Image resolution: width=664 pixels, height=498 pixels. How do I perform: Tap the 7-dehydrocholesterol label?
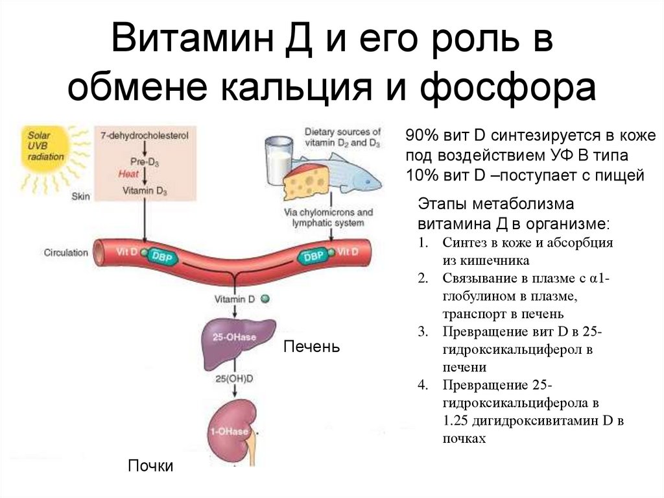pyautogui.click(x=141, y=135)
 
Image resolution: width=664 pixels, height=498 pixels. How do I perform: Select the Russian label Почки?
pyautogui.click(x=150, y=466)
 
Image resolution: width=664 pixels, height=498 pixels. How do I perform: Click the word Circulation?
pyautogui.click(x=65, y=252)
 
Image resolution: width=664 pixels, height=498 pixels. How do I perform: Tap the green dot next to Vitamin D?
pyautogui.click(x=264, y=299)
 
